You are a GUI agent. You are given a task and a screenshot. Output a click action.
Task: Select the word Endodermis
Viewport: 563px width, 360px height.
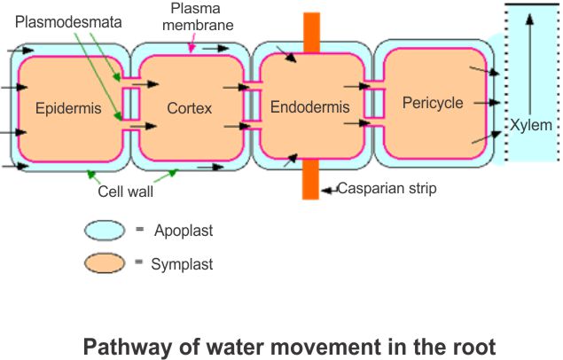point(310,108)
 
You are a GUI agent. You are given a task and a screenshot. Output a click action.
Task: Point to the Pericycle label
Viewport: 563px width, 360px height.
point(433,103)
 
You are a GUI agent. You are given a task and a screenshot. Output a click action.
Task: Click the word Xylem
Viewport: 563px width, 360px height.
point(530,125)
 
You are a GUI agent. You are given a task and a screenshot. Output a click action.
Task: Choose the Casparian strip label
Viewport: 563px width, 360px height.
point(387,189)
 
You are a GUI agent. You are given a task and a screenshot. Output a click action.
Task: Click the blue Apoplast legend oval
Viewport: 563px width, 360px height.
point(108,231)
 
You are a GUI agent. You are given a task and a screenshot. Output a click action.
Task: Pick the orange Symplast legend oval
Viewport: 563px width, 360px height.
point(108,263)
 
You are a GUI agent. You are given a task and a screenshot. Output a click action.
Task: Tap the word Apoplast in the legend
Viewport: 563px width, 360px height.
point(184,231)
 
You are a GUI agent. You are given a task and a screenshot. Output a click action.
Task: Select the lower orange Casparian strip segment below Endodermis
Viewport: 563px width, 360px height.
point(311,181)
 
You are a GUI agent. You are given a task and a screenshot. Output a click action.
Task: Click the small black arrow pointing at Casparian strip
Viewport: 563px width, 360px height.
point(328,189)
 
